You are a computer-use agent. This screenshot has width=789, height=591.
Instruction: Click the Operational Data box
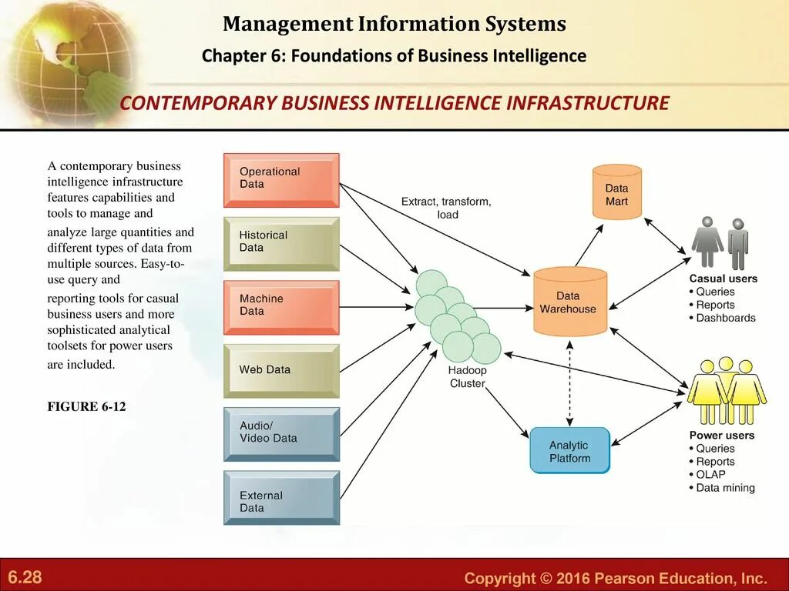point(281,180)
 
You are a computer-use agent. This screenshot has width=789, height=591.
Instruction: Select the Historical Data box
point(281,243)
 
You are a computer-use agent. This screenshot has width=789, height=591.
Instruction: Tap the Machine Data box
point(281,307)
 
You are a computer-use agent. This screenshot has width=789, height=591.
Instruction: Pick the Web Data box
point(281,370)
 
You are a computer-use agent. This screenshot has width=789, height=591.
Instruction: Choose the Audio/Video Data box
point(281,433)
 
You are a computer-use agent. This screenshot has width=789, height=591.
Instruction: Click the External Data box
point(281,497)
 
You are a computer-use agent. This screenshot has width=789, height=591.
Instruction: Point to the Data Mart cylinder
point(616,192)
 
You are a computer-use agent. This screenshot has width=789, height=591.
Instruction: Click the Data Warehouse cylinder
point(570,302)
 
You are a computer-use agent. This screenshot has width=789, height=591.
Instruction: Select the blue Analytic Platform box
point(569,450)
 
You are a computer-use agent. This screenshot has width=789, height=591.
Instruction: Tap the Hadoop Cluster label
point(468,377)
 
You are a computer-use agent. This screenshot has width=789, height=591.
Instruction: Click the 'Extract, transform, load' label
point(446,208)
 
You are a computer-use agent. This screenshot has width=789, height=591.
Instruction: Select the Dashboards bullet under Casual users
point(725,318)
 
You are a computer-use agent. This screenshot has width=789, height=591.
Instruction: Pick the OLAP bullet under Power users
point(710,475)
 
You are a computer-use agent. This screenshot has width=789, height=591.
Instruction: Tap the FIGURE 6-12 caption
point(86,406)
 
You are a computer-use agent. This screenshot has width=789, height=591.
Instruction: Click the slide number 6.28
point(25,577)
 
